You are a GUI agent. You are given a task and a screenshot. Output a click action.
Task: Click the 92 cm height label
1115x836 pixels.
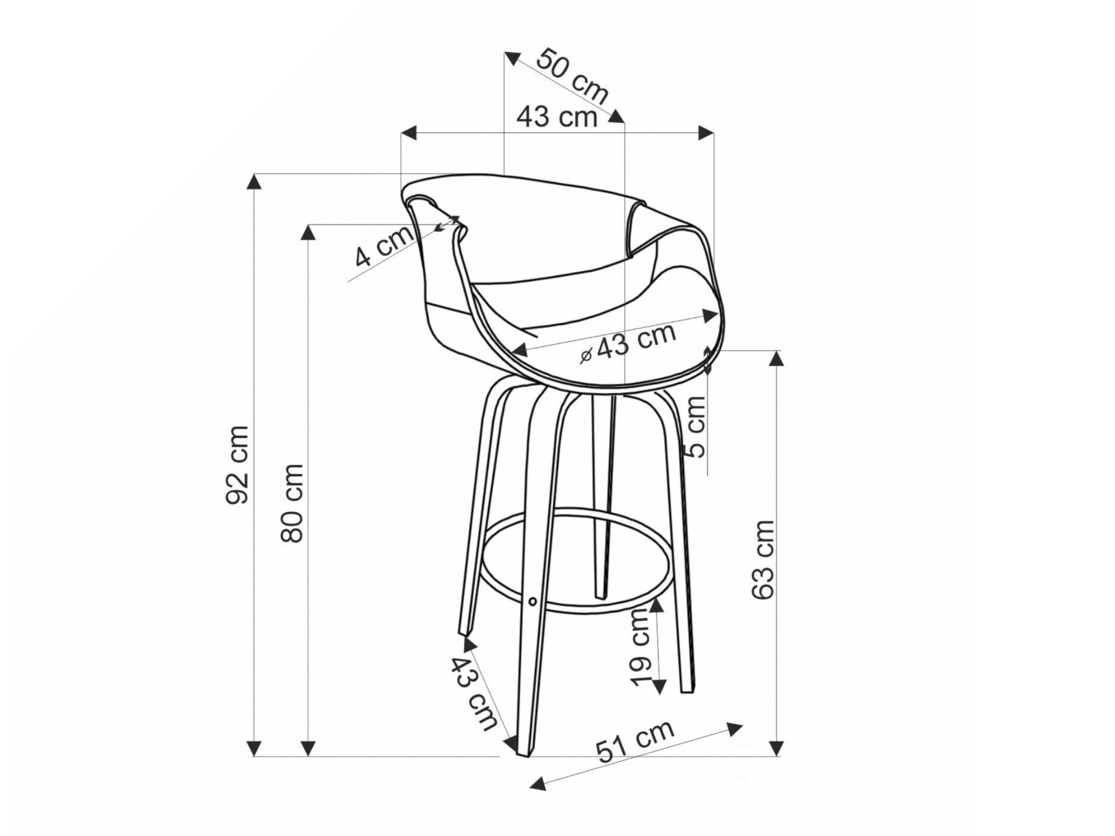pos(238,465)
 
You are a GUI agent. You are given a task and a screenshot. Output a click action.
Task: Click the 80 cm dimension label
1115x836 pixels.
pos(293,503)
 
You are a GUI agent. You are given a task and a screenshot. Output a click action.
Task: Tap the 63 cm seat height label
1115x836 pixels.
pos(763,559)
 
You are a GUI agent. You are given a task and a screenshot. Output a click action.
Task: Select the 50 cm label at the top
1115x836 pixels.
pos(572,76)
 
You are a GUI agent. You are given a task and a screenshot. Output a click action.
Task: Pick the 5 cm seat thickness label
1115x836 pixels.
pos(696,427)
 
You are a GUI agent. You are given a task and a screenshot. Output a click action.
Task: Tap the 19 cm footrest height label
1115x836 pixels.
pos(641,647)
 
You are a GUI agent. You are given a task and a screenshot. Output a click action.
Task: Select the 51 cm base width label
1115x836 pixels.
pos(635,741)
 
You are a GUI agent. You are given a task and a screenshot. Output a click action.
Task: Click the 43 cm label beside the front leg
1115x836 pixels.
pos(475,693)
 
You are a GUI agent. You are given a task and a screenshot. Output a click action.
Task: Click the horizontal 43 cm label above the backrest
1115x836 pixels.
pos(557,116)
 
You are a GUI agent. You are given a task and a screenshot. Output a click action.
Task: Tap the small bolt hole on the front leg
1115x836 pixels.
pos(532,601)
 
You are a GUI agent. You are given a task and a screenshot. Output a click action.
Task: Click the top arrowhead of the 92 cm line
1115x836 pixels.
pos(254,181)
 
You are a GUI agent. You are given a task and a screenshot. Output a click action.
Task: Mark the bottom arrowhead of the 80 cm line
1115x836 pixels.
pos(308,748)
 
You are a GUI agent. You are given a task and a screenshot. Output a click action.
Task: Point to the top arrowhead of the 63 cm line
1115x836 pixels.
pos(777,358)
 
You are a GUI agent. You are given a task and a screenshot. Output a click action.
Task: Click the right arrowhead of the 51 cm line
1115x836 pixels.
pos(735,729)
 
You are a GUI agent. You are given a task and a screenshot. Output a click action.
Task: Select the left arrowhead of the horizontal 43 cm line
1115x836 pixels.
pos(409,133)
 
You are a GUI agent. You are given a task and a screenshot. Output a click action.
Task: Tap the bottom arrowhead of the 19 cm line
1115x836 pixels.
pos(659,687)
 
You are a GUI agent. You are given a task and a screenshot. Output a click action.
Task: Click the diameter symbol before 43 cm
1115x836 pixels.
pos(586,356)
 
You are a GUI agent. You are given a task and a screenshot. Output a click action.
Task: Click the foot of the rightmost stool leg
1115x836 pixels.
pos(688,689)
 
